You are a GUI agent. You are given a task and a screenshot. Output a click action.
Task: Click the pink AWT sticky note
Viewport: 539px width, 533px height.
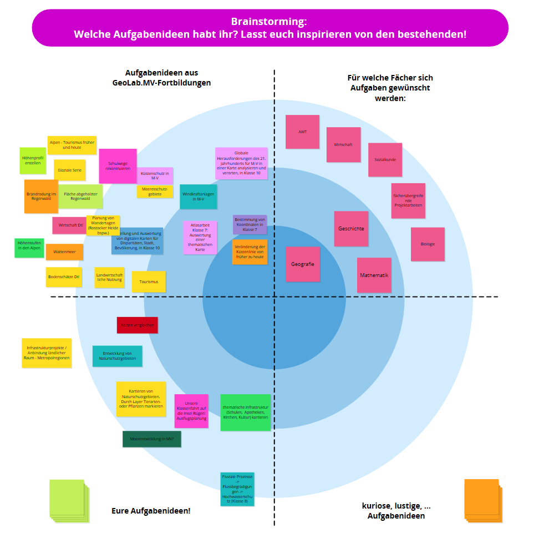[302, 132]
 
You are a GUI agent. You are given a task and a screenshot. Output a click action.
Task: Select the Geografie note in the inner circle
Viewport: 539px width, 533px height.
[302, 264]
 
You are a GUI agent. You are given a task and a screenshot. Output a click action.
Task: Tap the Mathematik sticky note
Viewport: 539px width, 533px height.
[374, 275]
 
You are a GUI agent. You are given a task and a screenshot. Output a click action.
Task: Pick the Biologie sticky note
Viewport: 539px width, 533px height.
[428, 244]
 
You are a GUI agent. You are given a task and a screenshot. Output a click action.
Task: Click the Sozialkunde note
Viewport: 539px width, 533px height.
[385, 159]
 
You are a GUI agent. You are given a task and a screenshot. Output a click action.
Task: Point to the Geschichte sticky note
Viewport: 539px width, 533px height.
[351, 228]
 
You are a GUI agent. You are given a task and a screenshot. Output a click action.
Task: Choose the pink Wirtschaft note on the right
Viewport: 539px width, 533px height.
[343, 144]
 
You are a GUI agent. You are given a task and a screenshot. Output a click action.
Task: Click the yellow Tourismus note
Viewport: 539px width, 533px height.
[149, 281]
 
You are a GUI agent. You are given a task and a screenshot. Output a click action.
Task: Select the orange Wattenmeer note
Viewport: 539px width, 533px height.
[64, 252]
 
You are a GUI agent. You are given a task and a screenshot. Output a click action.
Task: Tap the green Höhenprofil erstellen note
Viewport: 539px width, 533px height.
[32, 160]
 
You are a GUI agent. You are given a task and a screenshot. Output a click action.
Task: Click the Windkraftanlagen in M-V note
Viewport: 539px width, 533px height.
[198, 196]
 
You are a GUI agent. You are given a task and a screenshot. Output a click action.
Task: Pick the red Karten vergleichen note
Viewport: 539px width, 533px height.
[137, 325]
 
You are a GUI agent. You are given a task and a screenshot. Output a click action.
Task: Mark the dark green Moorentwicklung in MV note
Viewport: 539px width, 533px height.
[151, 439]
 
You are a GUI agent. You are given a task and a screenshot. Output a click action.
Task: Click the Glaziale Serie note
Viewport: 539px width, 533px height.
[69, 170]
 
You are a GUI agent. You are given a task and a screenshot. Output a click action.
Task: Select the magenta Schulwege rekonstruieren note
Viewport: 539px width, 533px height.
[118, 165]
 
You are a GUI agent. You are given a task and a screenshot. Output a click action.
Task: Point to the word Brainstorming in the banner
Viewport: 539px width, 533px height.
[269, 22]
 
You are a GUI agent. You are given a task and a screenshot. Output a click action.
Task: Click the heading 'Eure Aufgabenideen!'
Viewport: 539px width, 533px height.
[151, 510]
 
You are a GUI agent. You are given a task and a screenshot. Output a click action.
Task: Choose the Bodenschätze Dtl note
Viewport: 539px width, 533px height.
[64, 276]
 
